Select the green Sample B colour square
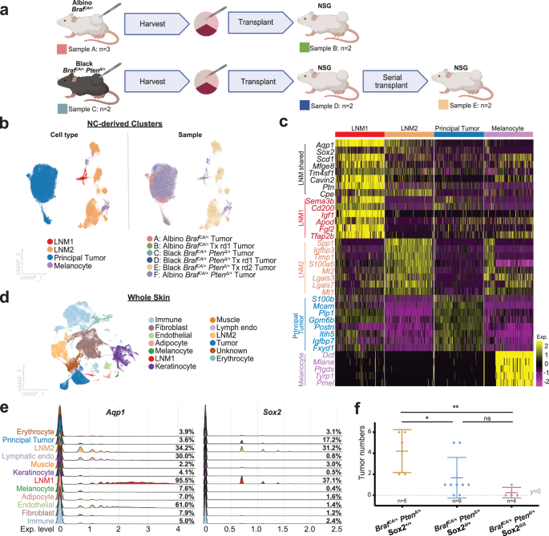pyautogui.click(x=304, y=48)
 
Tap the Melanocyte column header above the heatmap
pyautogui.click(x=508, y=127)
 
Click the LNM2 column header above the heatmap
pyautogui.click(x=407, y=127)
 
